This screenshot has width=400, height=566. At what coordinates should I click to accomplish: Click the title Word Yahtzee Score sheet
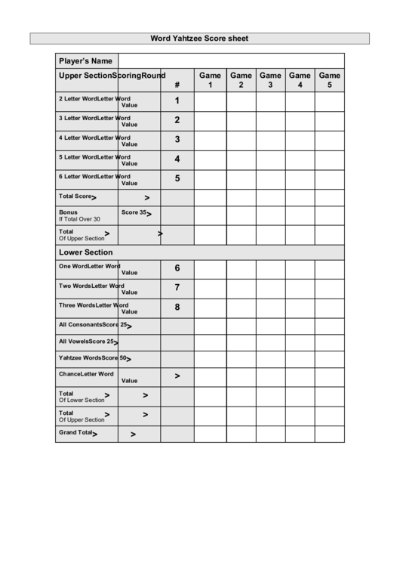(199, 38)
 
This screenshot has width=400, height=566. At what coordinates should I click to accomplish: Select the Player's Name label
(85, 61)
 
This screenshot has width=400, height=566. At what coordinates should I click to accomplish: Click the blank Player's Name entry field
(231, 61)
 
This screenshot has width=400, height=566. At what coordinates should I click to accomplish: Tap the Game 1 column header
(210, 80)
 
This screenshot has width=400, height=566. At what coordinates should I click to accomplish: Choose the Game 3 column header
(270, 80)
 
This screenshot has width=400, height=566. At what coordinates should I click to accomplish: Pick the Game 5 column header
(329, 80)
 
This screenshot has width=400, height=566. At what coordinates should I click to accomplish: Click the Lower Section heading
(85, 252)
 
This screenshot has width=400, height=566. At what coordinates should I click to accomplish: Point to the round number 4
(177, 159)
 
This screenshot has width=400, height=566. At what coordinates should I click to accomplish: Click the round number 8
(177, 307)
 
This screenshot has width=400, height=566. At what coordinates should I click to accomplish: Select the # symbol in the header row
(177, 85)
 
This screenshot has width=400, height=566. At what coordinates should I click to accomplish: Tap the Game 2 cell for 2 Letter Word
(241, 101)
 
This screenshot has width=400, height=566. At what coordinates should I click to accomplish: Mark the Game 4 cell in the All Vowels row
(300, 342)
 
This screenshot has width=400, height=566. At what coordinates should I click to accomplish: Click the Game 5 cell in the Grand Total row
(329, 434)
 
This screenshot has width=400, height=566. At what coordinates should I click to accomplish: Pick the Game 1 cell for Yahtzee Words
(210, 359)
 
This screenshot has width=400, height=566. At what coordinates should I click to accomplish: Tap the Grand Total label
(75, 433)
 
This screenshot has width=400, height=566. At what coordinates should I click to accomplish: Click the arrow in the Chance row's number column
(177, 376)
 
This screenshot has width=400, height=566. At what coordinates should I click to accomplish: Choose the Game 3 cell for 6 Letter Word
(270, 179)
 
